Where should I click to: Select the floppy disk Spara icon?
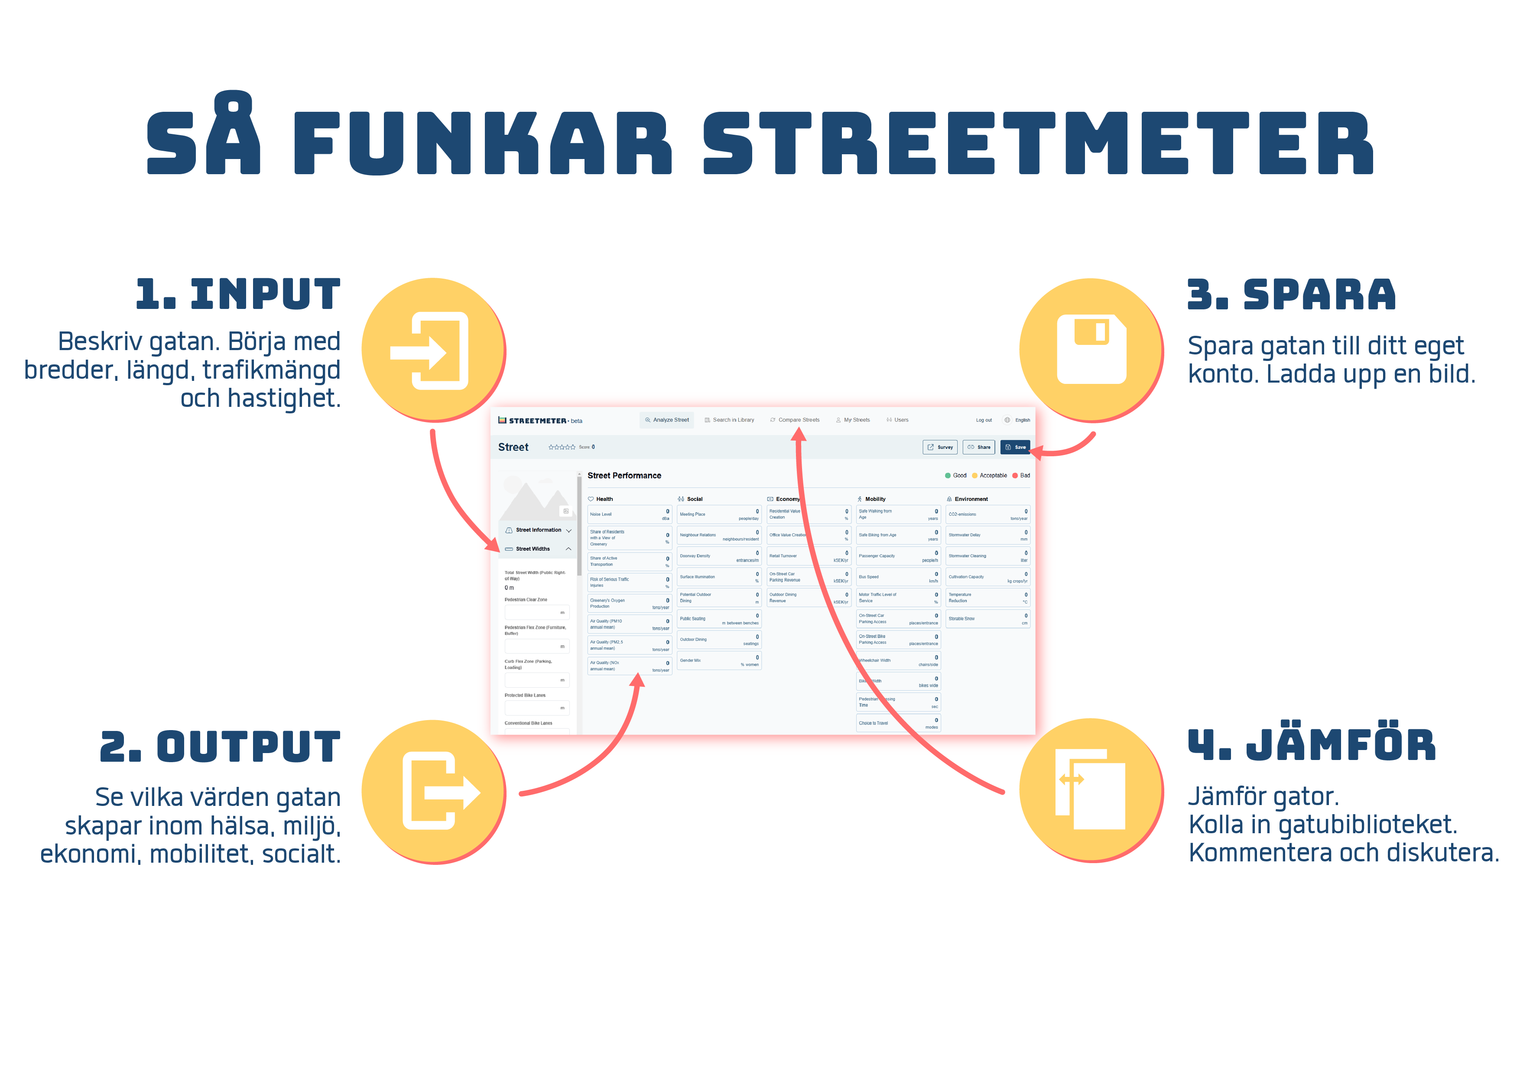[1091, 350]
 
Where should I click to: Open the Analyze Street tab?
[667, 420]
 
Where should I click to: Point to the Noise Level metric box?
[629, 514]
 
